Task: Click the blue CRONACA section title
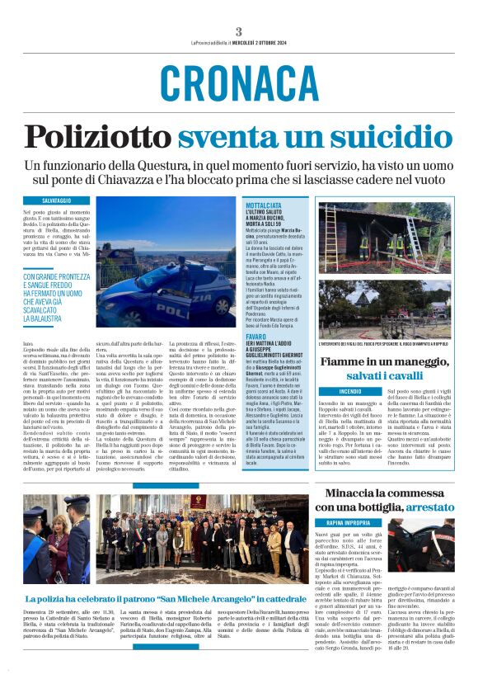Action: [238, 82]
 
